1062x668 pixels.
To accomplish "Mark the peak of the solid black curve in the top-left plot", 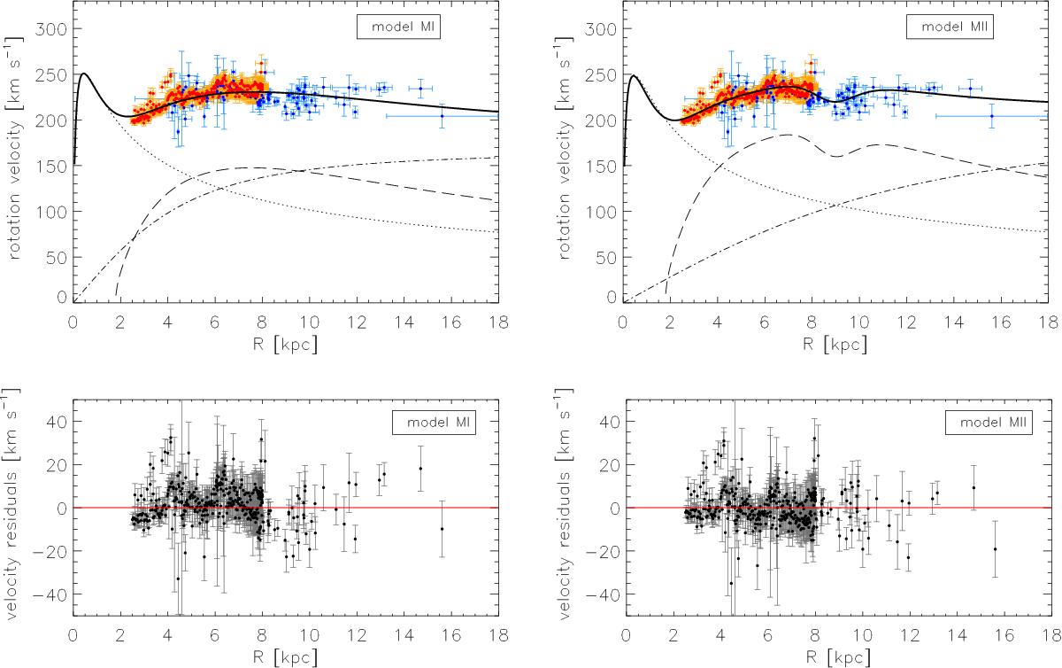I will [83, 74].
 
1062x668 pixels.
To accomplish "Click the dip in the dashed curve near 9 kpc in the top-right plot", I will [835, 157].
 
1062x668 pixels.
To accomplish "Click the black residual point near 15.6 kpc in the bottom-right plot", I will [995, 548].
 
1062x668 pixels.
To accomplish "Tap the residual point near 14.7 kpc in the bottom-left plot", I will [420, 469].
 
